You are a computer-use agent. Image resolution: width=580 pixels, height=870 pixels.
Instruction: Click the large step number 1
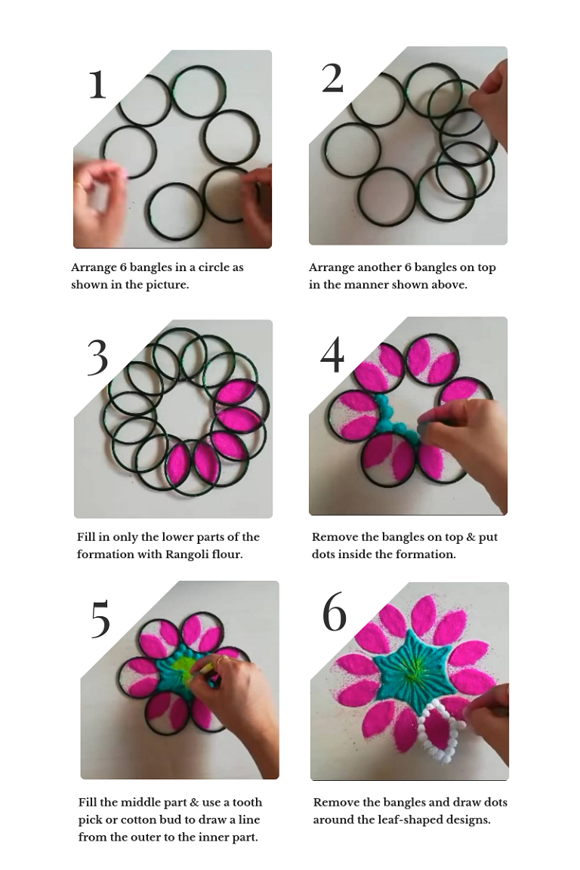click(x=97, y=85)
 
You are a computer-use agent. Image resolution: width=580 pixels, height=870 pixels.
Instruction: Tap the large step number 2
click(x=332, y=78)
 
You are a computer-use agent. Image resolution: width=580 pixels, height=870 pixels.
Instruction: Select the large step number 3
click(x=97, y=357)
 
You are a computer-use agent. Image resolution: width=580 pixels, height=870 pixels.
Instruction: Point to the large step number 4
click(x=332, y=354)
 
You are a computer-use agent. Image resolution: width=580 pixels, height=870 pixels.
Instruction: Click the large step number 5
click(x=100, y=619)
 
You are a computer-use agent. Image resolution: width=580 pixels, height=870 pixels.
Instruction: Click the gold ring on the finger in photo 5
click(x=221, y=660)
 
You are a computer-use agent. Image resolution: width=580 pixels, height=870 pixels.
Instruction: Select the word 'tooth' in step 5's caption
click(x=248, y=802)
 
